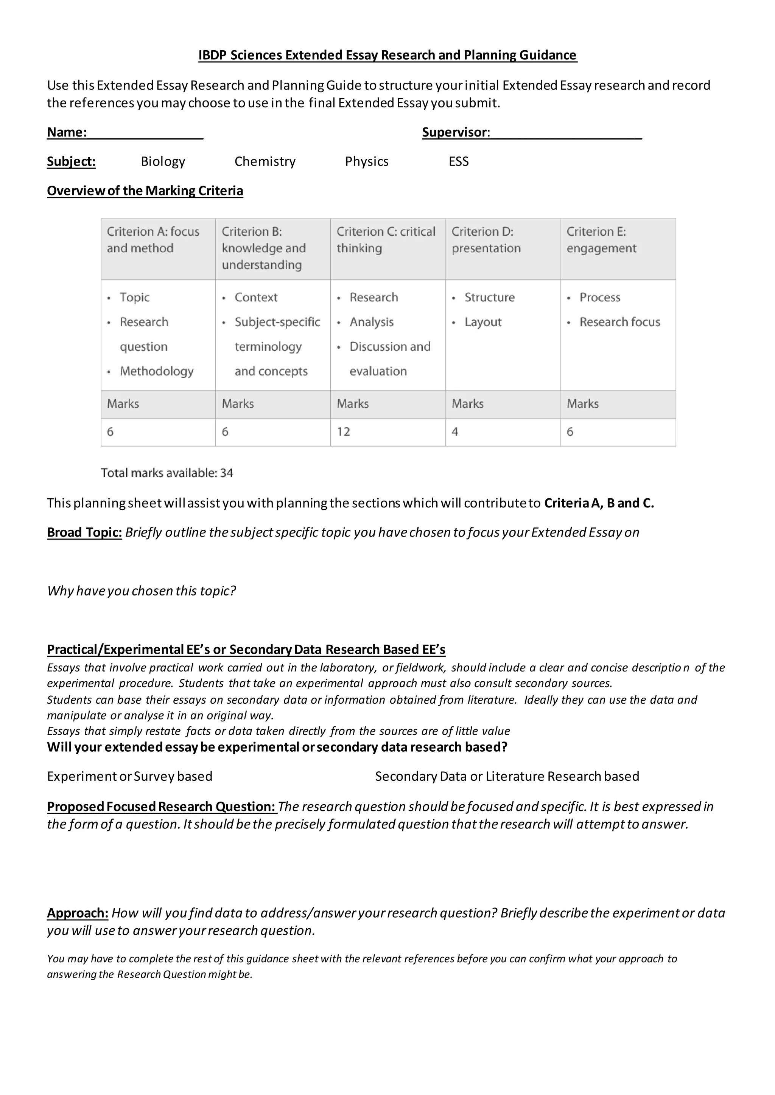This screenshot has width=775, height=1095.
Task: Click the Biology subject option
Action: tap(163, 162)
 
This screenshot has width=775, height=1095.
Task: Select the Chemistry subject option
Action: tap(265, 162)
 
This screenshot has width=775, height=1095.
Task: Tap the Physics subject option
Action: tap(367, 162)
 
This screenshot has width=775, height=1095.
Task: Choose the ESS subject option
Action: tap(459, 162)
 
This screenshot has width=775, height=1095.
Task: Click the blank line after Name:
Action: tap(146, 133)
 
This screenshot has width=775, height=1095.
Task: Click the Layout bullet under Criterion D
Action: tap(483, 323)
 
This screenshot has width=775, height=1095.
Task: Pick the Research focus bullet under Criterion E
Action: tap(619, 323)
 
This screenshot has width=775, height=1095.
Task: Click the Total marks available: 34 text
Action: tap(167, 473)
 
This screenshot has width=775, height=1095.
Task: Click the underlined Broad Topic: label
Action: tap(84, 533)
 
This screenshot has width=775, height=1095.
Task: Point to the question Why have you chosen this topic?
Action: tap(141, 591)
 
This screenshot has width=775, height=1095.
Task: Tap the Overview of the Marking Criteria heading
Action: tap(145, 191)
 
